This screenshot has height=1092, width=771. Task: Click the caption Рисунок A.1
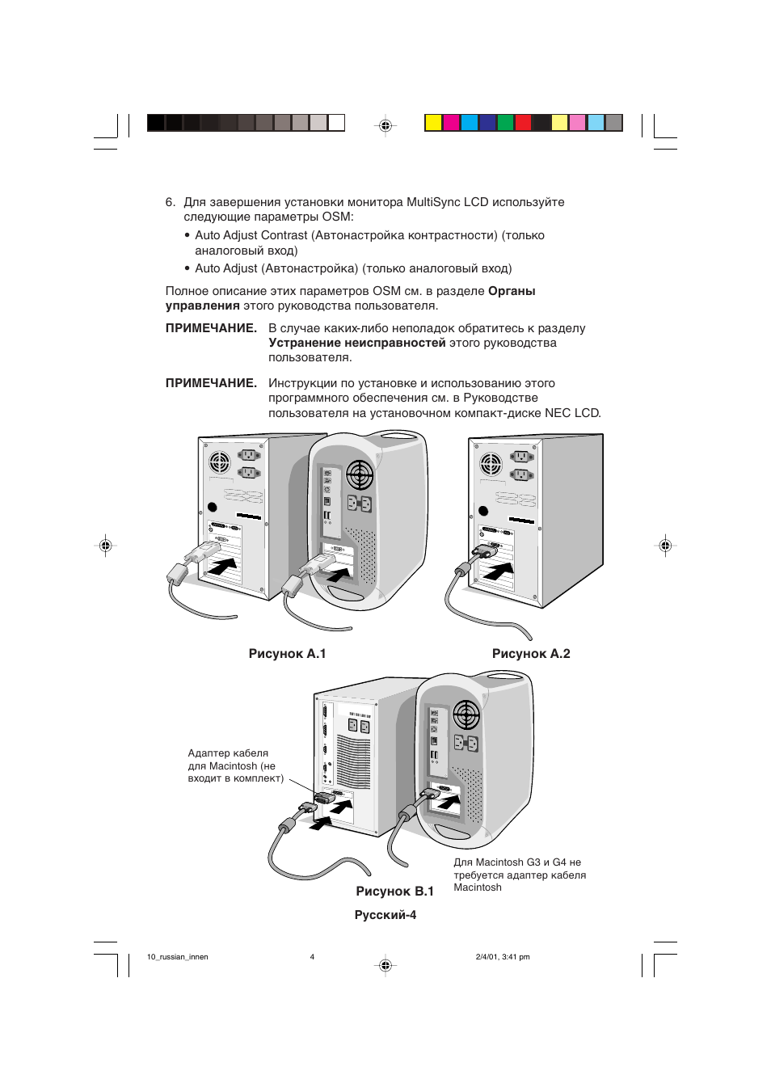[x=287, y=654]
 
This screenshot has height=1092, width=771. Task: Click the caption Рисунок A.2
[x=531, y=654]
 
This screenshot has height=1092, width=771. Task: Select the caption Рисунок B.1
[x=394, y=892]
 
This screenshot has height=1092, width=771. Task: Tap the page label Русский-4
[x=385, y=915]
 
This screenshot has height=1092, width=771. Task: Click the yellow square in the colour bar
[x=433, y=123]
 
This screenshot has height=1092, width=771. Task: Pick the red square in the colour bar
[x=523, y=123]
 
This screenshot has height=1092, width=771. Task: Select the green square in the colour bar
[x=505, y=123]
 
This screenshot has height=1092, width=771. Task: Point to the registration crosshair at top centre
[x=385, y=125]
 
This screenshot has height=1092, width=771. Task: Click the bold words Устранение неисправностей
[x=356, y=343]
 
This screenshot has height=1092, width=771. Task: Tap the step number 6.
[x=170, y=202]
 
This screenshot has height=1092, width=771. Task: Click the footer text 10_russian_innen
[x=178, y=957]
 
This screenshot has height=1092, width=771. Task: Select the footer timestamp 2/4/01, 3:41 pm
[x=503, y=957]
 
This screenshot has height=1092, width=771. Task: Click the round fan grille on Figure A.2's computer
[x=491, y=464]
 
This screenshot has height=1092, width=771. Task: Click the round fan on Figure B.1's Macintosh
[x=466, y=715]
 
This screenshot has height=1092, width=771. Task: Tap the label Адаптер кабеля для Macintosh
[x=235, y=765]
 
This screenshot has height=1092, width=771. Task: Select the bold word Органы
[x=512, y=291]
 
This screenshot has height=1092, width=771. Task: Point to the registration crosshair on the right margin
[x=665, y=546]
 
